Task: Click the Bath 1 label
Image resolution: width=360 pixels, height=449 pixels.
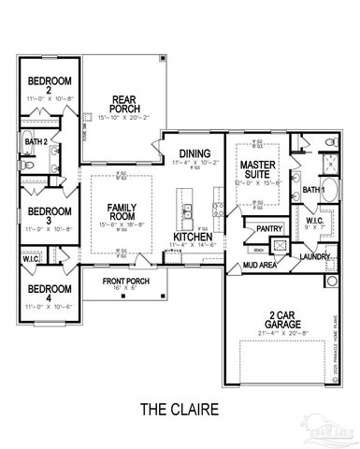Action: pyautogui.click(x=315, y=190)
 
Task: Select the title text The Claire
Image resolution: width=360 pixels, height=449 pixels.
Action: pyautogui.click(x=180, y=409)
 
